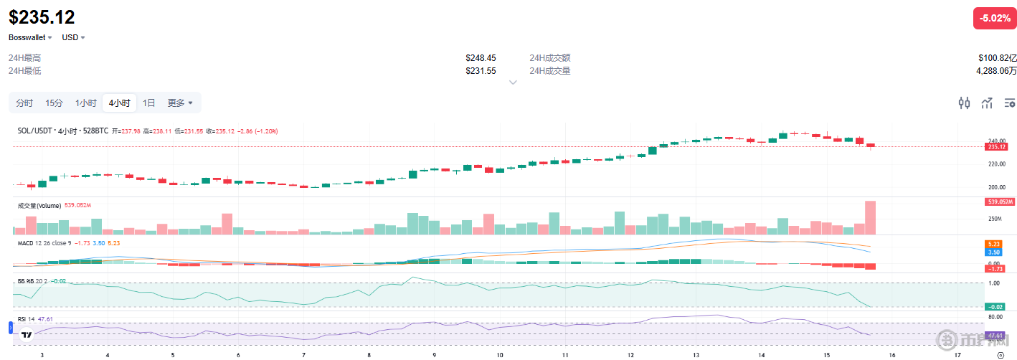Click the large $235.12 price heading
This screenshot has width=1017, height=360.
pyautogui.click(x=42, y=17)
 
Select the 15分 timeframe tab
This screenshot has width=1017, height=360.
pyautogui.click(x=54, y=103)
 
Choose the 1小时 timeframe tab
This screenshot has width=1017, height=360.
pyautogui.click(x=86, y=103)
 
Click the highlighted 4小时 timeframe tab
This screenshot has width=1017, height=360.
pyautogui.click(x=119, y=103)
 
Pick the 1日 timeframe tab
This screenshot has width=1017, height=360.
pyautogui.click(x=148, y=103)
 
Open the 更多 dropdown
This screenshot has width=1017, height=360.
pyautogui.click(x=180, y=103)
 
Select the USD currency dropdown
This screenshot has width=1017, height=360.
pyautogui.click(x=73, y=37)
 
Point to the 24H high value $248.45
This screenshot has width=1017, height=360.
pyautogui.click(x=481, y=58)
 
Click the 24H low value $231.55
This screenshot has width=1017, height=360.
pyautogui.click(x=481, y=71)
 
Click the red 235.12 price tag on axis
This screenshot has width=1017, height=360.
pyautogui.click(x=997, y=147)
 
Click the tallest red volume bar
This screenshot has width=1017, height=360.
pyautogui.click(x=870, y=217)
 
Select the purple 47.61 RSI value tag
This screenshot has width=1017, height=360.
pyautogui.click(x=994, y=336)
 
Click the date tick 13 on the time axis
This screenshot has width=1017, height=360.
pyautogui.click(x=696, y=355)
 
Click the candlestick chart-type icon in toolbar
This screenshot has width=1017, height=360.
pyautogui.click(x=964, y=103)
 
